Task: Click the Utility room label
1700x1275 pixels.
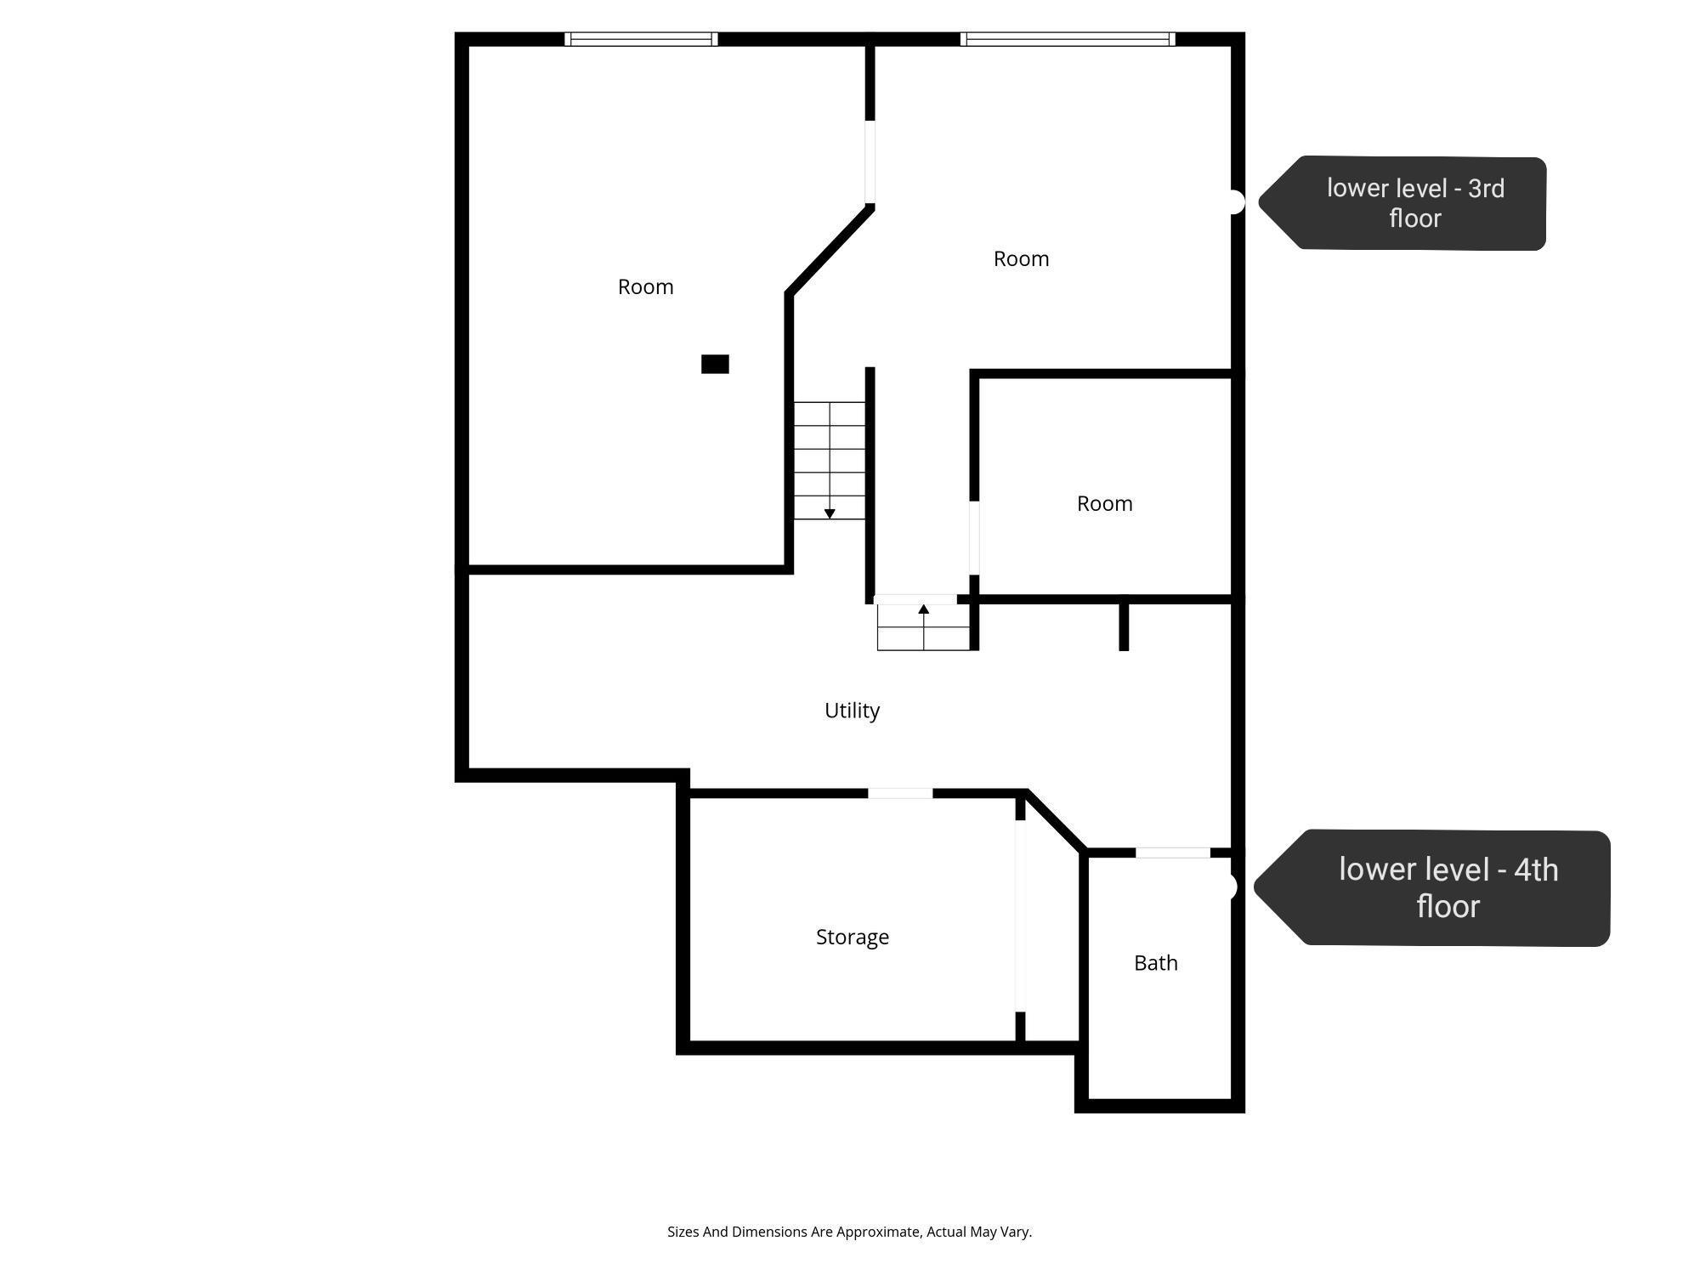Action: pyautogui.click(x=852, y=711)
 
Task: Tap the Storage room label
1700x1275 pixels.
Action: pyautogui.click(x=853, y=937)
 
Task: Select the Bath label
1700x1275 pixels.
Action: pyautogui.click(x=1156, y=963)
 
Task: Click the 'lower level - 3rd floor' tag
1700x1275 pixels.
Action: pyautogui.click(x=1402, y=203)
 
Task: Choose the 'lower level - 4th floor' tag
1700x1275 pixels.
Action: pyautogui.click(x=1432, y=887)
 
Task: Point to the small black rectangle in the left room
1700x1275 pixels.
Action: pyautogui.click(x=715, y=364)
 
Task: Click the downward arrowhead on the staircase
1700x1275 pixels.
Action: pyautogui.click(x=830, y=513)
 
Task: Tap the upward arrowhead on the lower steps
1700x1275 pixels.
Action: pyautogui.click(x=924, y=609)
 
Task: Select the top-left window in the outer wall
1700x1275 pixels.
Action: pyautogui.click(x=641, y=39)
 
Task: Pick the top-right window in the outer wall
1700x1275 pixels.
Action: pyautogui.click(x=1068, y=39)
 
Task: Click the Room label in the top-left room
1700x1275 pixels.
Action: pyautogui.click(x=646, y=287)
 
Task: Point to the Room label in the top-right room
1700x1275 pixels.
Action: pyautogui.click(x=1022, y=259)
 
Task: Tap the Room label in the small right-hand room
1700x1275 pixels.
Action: pyautogui.click(x=1105, y=504)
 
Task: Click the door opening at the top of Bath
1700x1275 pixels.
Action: pyautogui.click(x=1173, y=853)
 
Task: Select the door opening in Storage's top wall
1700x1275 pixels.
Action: pyautogui.click(x=900, y=793)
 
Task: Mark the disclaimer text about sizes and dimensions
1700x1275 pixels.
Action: pyautogui.click(x=849, y=1232)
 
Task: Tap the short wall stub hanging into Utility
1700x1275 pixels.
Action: pyautogui.click(x=1124, y=626)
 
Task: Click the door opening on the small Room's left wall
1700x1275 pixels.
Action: pyautogui.click(x=974, y=537)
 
